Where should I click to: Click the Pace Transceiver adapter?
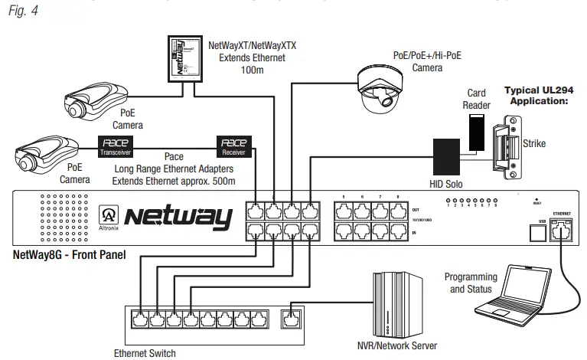tap(116, 145)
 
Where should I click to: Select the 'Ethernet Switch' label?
tap(145, 353)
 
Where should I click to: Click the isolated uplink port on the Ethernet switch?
tap(290, 316)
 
